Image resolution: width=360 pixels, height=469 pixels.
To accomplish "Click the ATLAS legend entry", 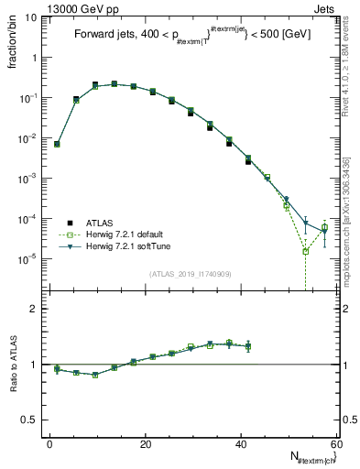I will [x=100, y=222].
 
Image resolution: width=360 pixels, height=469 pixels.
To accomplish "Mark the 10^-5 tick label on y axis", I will [x=29, y=259].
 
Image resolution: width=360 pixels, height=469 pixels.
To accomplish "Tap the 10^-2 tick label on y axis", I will [x=29, y=138].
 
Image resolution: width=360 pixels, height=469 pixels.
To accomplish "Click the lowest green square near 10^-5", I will [x=305, y=251].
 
